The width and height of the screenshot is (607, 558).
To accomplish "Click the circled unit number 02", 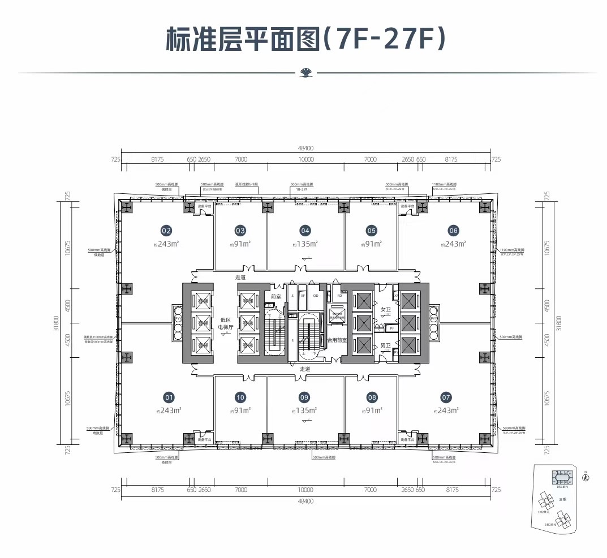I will (x=166, y=231).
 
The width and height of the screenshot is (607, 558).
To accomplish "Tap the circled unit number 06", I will (x=453, y=231).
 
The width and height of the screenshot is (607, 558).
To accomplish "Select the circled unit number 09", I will (x=304, y=397).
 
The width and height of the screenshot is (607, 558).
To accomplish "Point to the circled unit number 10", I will (x=240, y=397).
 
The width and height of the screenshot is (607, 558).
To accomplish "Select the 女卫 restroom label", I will (x=386, y=309).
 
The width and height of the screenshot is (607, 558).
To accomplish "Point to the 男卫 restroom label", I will (x=386, y=345).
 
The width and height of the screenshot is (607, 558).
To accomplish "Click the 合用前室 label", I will (x=337, y=340).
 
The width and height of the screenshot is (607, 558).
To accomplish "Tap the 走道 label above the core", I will (x=242, y=278).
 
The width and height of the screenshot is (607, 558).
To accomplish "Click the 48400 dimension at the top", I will (x=305, y=148).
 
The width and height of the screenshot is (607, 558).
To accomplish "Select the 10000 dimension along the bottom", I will (x=305, y=490).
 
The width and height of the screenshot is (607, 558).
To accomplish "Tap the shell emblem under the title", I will (x=305, y=72).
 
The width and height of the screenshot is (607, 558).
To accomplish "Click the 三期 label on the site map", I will (x=562, y=499).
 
